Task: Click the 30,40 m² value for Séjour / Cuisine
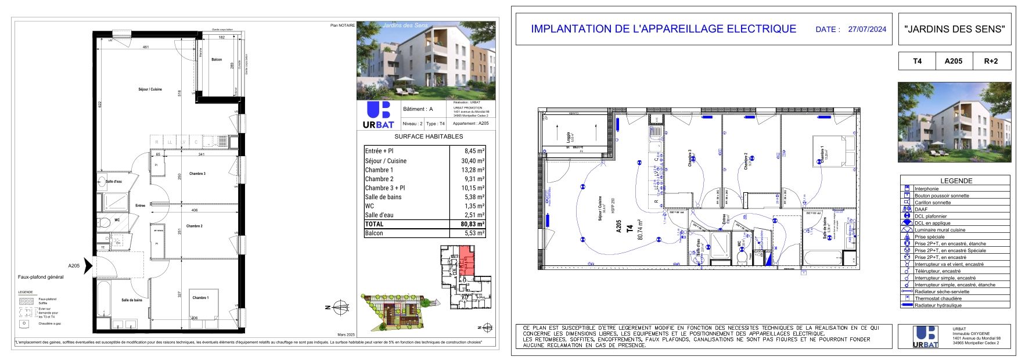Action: [467, 161]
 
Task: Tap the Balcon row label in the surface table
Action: [374, 233]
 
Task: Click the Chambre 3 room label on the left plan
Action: [197, 174]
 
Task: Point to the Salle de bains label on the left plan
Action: [132, 300]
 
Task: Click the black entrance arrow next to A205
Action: [88, 265]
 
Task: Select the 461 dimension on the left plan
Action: [146, 47]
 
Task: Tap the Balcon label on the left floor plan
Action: [217, 60]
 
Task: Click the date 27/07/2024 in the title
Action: [867, 29]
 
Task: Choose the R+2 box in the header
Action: [991, 61]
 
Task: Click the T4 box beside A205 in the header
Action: [917, 61]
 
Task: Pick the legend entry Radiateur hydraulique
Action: [938, 305]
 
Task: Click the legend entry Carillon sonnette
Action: [933, 203]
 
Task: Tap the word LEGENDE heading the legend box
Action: [956, 181]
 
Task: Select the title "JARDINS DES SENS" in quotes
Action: [954, 29]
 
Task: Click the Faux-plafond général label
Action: [41, 277]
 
